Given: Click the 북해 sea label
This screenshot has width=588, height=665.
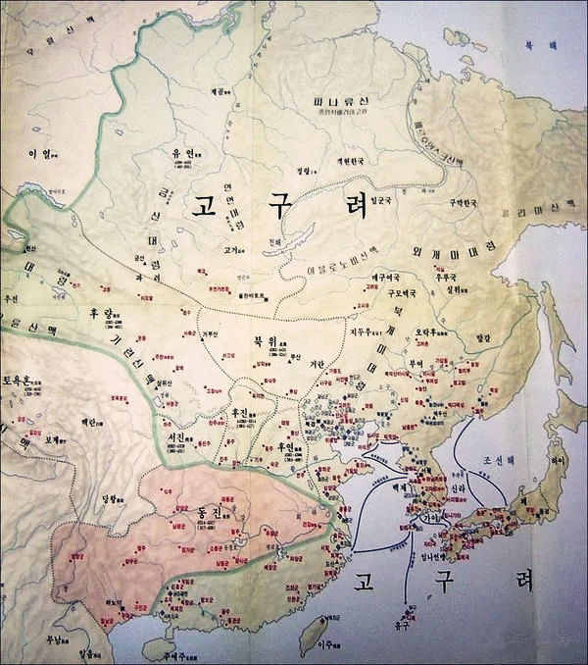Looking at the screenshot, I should pyautogui.click(x=555, y=45).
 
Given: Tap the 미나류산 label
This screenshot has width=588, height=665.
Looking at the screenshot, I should pyautogui.click(x=332, y=102).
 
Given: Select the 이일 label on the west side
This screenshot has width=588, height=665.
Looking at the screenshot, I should pyautogui.click(x=39, y=154).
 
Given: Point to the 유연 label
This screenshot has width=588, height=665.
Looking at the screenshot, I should pyautogui.click(x=183, y=154).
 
